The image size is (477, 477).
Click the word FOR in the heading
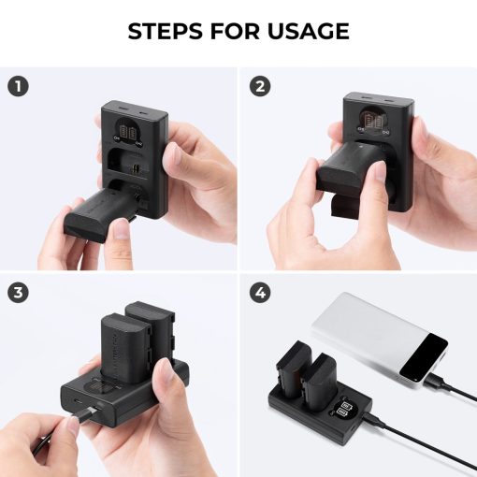pyautogui.click(x=234, y=32)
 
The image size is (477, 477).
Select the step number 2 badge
pyautogui.click(x=260, y=86)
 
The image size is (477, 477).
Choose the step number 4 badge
pyautogui.click(x=260, y=293)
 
